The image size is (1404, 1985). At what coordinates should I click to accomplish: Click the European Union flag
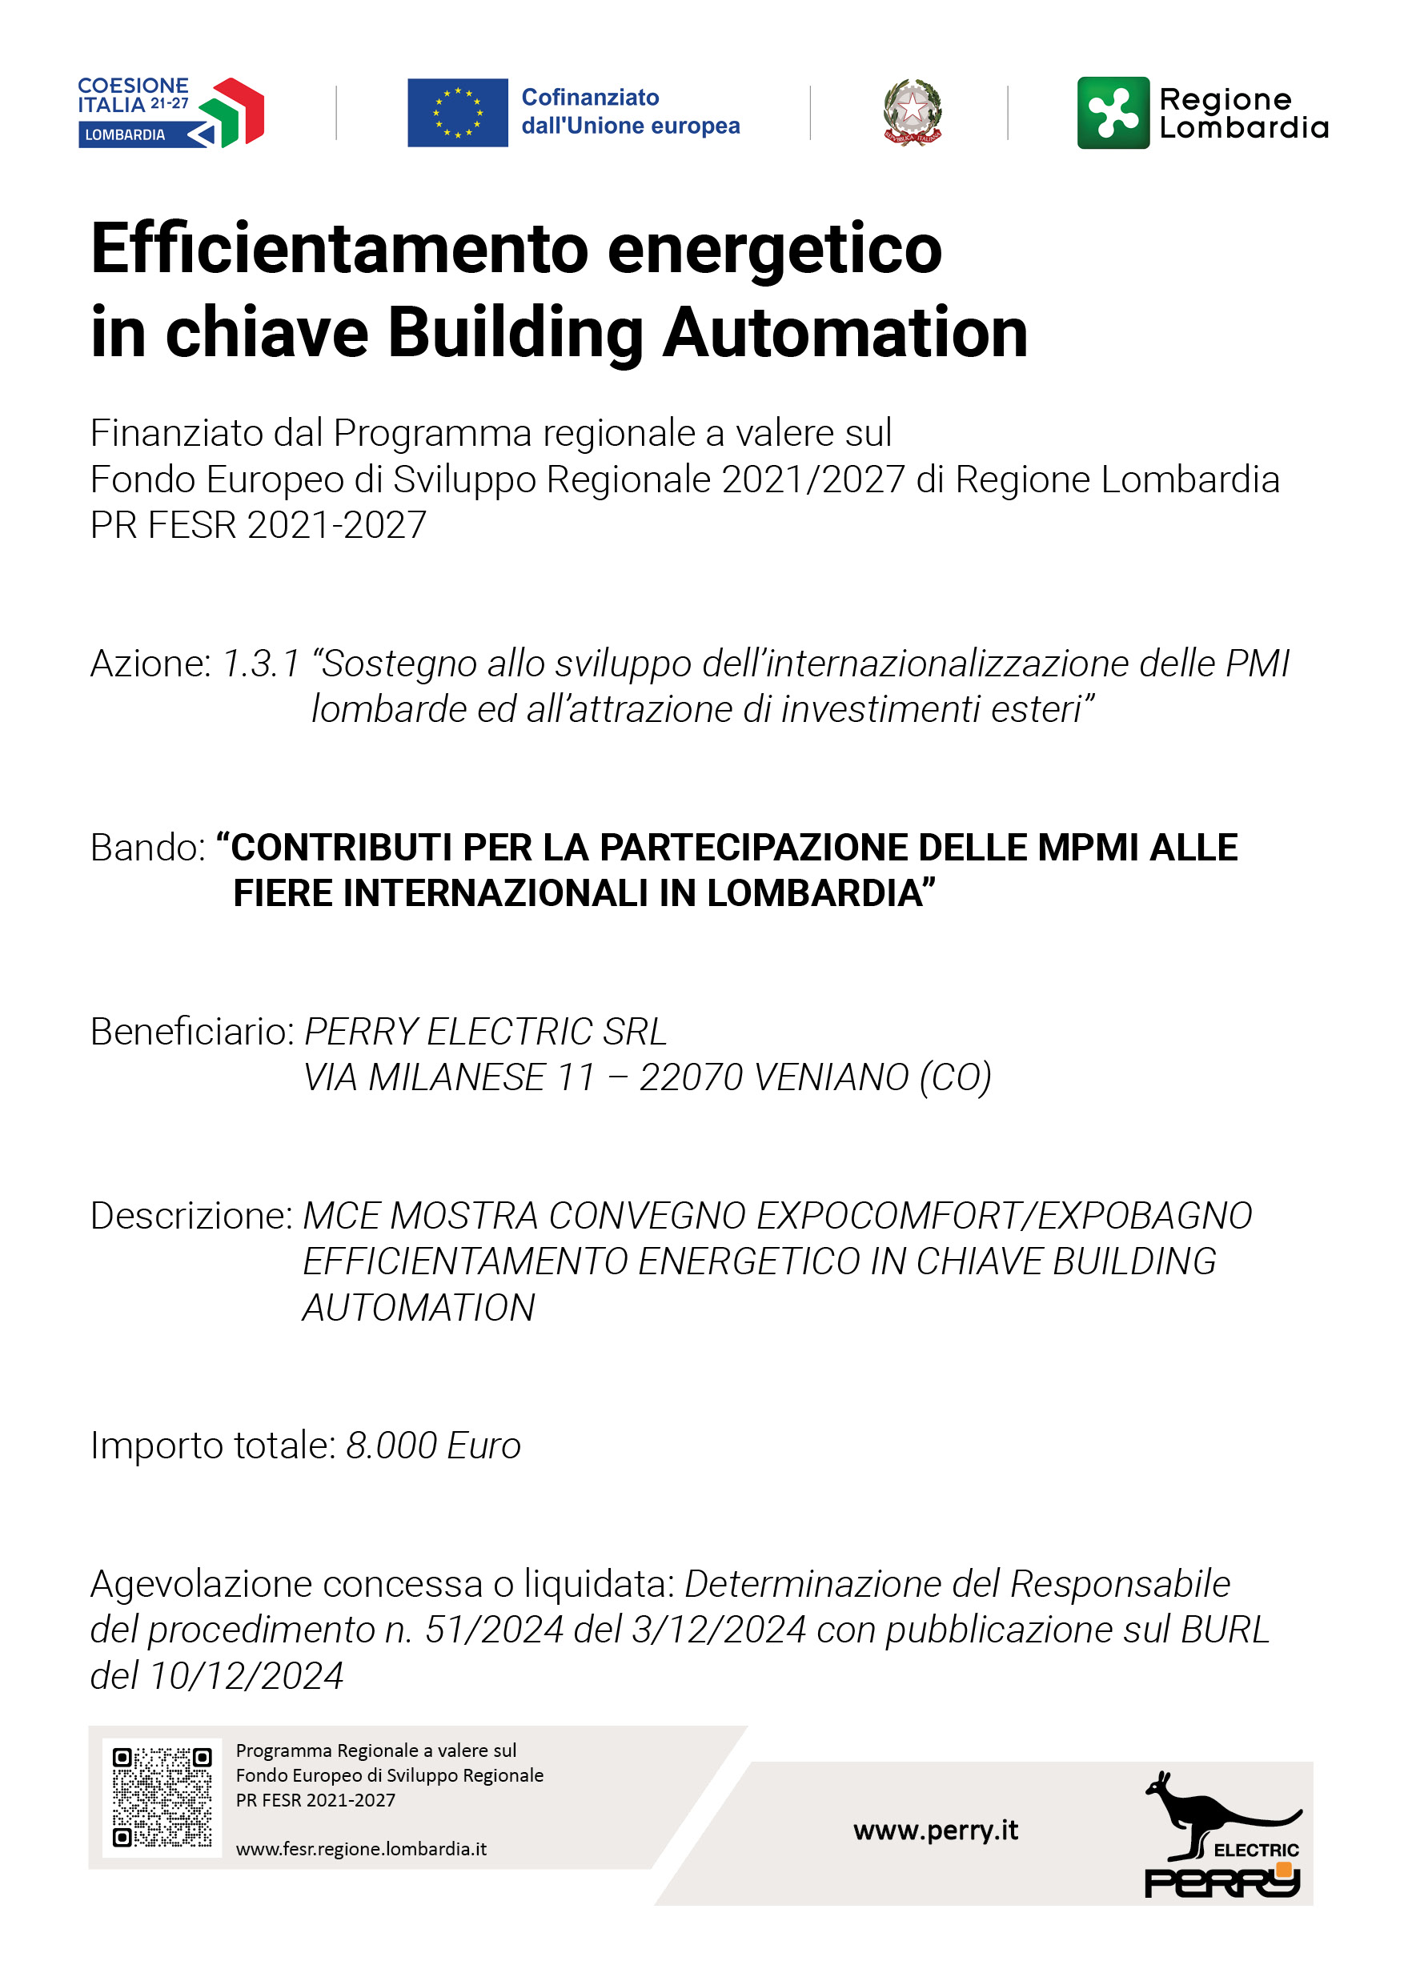pyautogui.click(x=457, y=112)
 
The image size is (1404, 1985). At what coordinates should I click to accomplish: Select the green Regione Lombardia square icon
pyautogui.click(x=1113, y=112)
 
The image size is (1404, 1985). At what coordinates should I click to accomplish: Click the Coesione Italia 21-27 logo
pyautogui.click(x=170, y=112)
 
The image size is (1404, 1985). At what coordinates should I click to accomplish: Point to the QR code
pyautogui.click(x=162, y=1798)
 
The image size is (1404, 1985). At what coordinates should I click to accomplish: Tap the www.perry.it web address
pyautogui.click(x=936, y=1831)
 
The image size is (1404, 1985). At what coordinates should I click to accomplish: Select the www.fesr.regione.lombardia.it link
pyautogui.click(x=360, y=1849)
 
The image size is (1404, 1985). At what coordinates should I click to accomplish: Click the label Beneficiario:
pyautogui.click(x=193, y=1032)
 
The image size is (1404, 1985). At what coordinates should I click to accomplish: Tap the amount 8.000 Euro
pyautogui.click(x=433, y=1446)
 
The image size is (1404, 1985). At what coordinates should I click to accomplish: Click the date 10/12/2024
pyautogui.click(x=247, y=1675)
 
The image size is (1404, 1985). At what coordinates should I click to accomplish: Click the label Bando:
pyautogui.click(x=148, y=848)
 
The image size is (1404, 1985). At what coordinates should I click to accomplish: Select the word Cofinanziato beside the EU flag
pyautogui.click(x=590, y=97)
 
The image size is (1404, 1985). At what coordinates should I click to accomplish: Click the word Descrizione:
pyautogui.click(x=193, y=1216)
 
